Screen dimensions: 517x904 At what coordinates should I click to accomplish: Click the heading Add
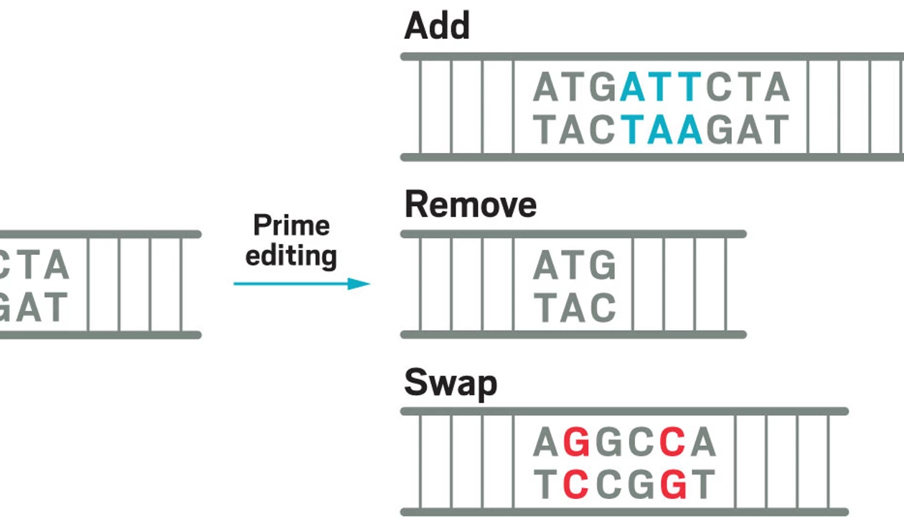(x=437, y=27)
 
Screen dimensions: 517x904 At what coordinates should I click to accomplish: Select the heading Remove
(x=470, y=205)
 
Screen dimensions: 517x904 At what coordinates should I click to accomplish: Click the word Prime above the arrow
(x=291, y=225)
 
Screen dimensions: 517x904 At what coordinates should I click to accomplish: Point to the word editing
(x=291, y=255)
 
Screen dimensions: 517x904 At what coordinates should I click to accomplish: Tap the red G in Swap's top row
(x=577, y=444)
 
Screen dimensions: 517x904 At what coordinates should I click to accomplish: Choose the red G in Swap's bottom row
(x=673, y=485)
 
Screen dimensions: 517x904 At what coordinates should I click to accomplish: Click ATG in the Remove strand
(x=575, y=266)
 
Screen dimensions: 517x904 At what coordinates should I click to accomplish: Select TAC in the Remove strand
(x=575, y=307)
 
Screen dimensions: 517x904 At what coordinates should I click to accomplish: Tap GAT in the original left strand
(x=32, y=307)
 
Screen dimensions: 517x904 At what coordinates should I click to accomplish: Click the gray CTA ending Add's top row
(x=748, y=88)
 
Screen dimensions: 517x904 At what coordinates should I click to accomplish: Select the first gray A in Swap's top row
(x=546, y=444)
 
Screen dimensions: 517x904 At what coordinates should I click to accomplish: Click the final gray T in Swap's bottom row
(x=704, y=485)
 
